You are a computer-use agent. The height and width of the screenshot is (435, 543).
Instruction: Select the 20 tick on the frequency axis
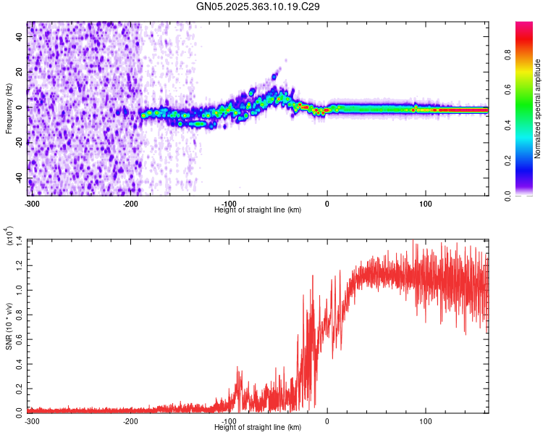(x=20, y=72)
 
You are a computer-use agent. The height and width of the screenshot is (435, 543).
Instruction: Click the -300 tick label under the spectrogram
(x=32, y=202)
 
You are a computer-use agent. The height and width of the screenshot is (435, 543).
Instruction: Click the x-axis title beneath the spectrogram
(x=258, y=210)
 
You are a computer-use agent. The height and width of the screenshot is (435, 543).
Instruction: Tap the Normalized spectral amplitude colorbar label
(x=538, y=109)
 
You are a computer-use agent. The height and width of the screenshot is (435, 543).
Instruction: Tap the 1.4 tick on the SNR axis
(x=19, y=239)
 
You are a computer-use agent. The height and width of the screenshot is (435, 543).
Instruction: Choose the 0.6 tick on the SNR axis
(x=19, y=338)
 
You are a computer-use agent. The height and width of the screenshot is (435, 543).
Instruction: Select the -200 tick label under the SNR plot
(x=131, y=421)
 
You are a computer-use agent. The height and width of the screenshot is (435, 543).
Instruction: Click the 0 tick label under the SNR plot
(x=327, y=421)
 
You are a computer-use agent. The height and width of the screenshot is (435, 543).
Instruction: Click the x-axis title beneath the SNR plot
(x=258, y=428)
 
